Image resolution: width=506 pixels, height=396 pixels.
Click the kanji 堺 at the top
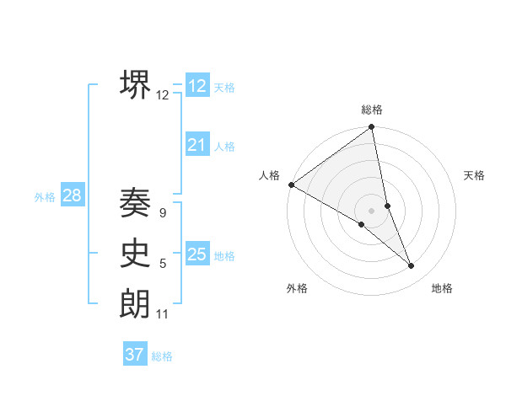(x=136, y=84)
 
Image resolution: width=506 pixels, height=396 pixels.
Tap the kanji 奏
(x=136, y=202)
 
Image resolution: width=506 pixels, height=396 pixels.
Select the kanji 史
(x=136, y=254)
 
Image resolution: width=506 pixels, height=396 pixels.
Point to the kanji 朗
(x=136, y=304)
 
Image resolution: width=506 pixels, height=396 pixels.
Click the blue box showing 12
(x=197, y=86)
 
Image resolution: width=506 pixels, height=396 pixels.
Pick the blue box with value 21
(x=197, y=145)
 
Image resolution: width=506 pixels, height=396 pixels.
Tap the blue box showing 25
(x=197, y=254)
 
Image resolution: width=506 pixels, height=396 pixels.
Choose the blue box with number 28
(x=72, y=196)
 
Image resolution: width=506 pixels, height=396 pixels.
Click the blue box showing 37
(x=135, y=355)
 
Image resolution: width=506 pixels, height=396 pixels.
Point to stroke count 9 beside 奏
(x=162, y=213)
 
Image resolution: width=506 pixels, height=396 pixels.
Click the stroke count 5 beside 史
(x=162, y=265)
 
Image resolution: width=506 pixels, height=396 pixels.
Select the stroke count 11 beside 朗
(x=163, y=315)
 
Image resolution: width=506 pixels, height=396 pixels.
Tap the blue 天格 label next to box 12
(x=224, y=88)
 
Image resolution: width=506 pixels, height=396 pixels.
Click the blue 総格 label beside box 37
(x=162, y=356)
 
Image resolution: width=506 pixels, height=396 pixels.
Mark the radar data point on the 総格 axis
(x=372, y=128)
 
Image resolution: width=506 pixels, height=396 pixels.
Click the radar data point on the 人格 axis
(x=291, y=184)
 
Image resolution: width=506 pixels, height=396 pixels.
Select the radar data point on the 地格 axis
(x=412, y=266)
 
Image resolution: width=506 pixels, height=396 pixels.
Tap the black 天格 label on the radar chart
(x=475, y=175)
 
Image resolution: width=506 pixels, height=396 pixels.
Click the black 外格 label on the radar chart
(x=297, y=288)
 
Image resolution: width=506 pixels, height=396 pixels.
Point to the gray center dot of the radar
(x=371, y=210)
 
